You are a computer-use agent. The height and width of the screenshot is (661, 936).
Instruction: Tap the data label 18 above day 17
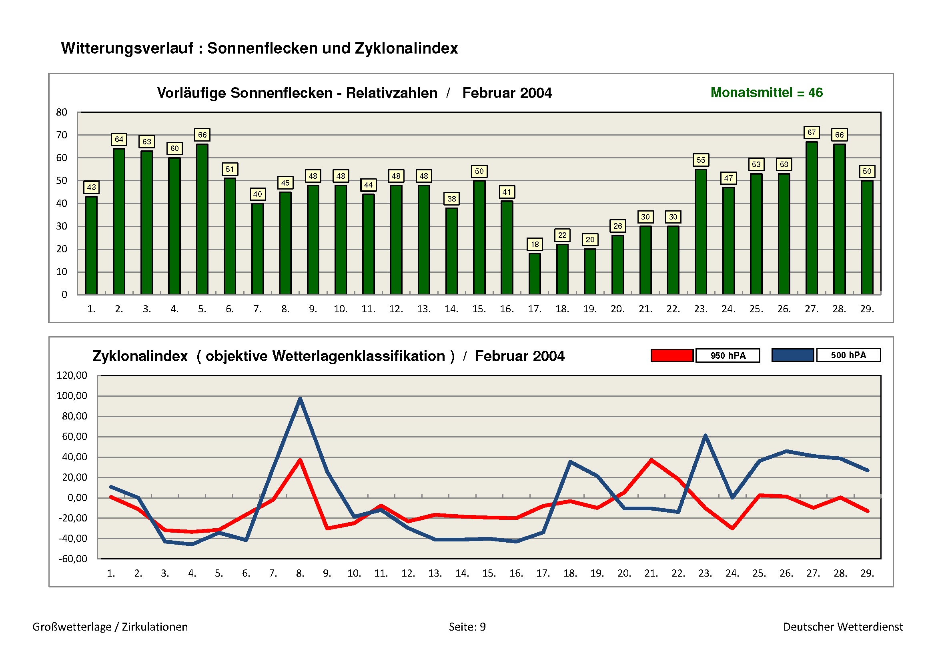[x=535, y=244]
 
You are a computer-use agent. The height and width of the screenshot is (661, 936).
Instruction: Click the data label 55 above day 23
[x=700, y=160]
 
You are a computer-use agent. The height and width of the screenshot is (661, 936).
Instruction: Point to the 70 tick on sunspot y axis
[x=62, y=135]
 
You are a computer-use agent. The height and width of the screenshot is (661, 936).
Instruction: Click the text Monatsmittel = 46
[x=766, y=93]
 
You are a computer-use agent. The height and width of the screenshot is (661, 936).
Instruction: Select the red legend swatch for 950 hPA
[x=672, y=355]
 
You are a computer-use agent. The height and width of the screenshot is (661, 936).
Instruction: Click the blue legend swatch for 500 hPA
[x=792, y=355]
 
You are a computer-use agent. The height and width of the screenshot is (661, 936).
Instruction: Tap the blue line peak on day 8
[x=300, y=398]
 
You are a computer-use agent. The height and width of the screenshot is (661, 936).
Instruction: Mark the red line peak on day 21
[x=651, y=460]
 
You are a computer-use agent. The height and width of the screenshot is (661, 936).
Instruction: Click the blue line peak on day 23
[x=705, y=435]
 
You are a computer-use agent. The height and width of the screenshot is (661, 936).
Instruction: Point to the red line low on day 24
[x=733, y=528]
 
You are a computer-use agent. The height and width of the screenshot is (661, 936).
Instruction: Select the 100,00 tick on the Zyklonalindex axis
[x=72, y=395]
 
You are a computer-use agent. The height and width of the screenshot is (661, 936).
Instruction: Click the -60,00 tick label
[x=72, y=559]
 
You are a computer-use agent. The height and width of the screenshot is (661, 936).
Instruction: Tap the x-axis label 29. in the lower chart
[x=867, y=573]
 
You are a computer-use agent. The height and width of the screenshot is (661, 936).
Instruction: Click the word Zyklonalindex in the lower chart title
[x=140, y=356]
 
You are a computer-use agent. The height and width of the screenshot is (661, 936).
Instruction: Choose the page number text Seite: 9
[x=467, y=627]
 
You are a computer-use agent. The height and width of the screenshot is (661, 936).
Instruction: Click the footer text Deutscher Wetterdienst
[x=843, y=627]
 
